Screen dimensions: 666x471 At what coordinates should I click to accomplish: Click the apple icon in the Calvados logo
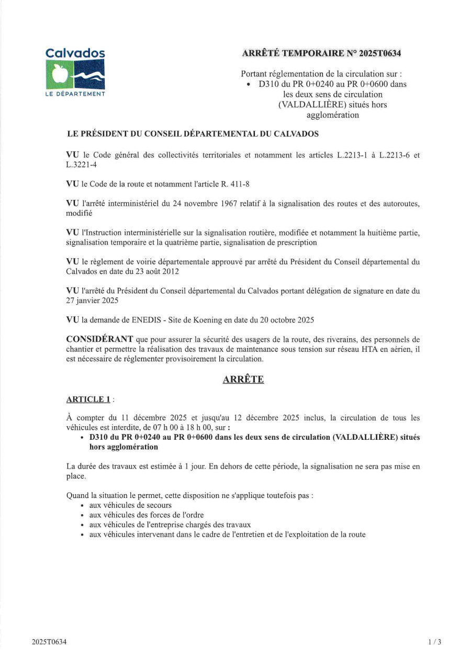tap(58, 74)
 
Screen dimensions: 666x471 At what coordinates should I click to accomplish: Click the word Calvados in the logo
tap(75, 53)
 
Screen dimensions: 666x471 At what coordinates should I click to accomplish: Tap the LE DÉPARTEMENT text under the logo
tap(75, 94)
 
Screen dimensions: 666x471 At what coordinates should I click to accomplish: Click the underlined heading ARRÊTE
tap(243, 379)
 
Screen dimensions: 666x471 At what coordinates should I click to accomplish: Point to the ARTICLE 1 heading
tap(88, 399)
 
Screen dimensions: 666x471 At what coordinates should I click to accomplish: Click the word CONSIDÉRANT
tap(99, 339)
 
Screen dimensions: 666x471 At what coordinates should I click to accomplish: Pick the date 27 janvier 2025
tap(92, 301)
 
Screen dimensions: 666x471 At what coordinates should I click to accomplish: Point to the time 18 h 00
tap(199, 427)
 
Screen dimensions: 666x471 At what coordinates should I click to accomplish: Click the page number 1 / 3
tap(434, 642)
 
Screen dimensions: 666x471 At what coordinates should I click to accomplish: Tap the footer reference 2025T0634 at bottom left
tap(49, 642)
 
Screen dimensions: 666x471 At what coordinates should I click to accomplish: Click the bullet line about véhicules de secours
tap(130, 505)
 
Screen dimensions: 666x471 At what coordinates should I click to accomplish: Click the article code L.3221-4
tap(81, 165)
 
